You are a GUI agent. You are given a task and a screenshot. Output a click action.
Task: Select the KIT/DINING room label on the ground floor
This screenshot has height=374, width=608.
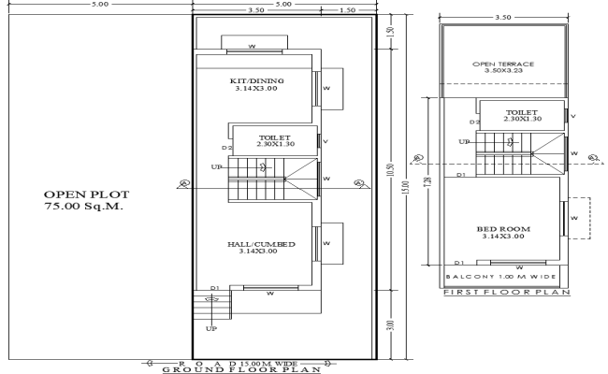tap(256, 81)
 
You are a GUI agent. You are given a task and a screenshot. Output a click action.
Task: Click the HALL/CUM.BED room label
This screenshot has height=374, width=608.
tap(261, 244)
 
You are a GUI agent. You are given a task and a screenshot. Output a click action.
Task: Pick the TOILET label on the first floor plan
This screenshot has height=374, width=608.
tap(519, 111)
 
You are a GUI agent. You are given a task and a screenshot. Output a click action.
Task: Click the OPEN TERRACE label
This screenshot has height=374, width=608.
tap(503, 64)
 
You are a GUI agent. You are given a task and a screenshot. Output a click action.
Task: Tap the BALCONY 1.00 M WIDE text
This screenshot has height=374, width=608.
tap(500, 277)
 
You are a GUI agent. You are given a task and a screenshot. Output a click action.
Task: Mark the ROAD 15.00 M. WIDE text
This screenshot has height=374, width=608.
tap(239, 360)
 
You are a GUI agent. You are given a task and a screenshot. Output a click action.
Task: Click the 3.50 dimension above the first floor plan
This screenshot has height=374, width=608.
tap(502, 17)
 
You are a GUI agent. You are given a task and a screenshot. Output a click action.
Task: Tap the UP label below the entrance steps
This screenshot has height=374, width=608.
tap(210, 328)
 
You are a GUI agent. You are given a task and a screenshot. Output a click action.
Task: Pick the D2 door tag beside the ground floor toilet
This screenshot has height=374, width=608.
tap(226, 148)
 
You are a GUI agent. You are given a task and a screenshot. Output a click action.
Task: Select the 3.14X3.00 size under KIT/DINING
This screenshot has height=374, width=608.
tap(256, 90)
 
